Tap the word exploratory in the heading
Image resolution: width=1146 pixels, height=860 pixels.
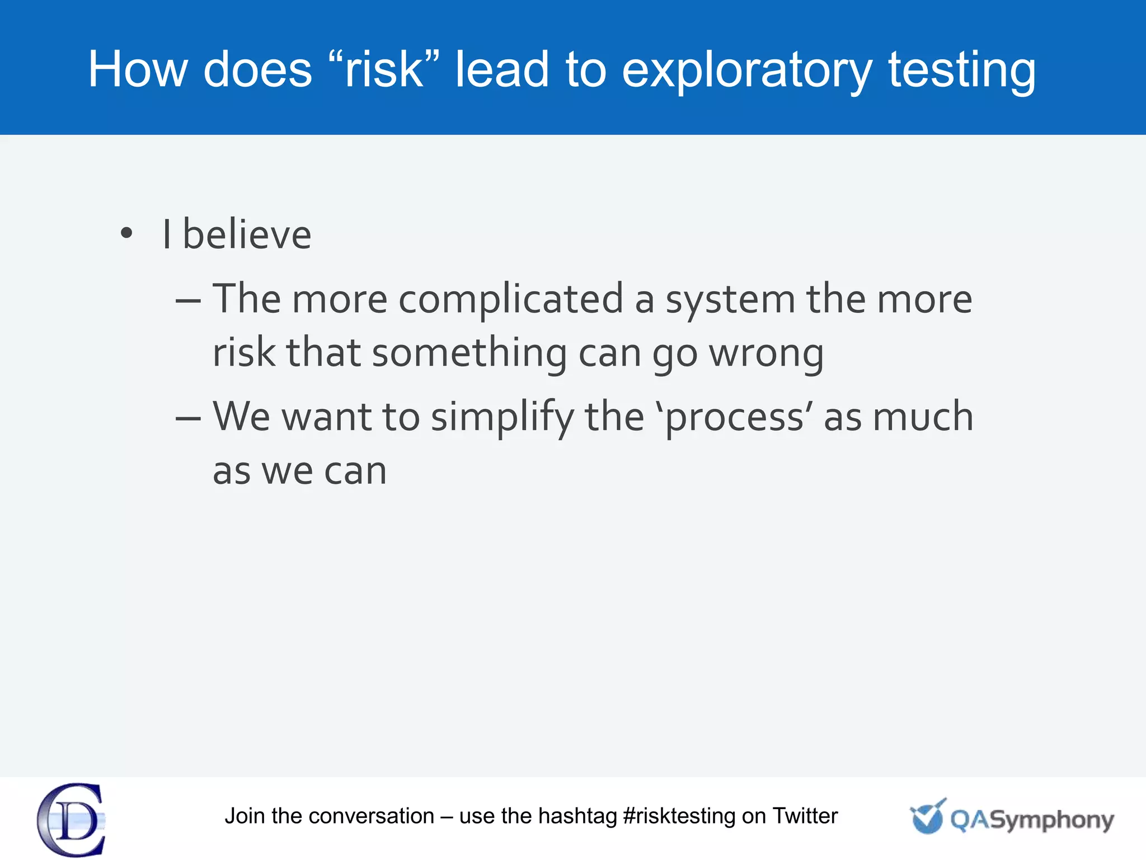[746, 71]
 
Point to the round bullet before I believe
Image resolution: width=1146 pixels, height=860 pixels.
[127, 233]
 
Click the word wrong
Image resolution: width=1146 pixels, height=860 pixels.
[766, 354]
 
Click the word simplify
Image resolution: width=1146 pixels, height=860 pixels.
[502, 418]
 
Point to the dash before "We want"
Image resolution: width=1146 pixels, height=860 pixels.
[188, 419]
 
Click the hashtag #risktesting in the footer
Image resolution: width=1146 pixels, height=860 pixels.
[679, 816]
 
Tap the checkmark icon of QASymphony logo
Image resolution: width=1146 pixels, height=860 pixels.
[927, 816]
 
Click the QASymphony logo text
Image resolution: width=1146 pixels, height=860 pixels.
[1031, 820]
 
